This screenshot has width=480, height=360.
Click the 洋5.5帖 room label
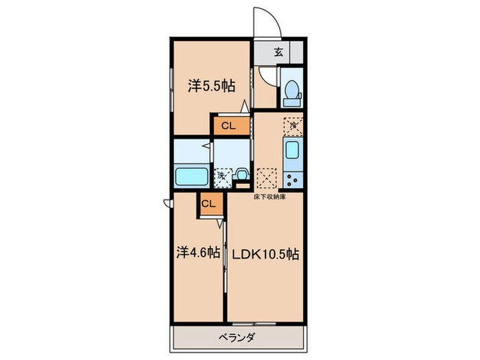(x=213, y=86)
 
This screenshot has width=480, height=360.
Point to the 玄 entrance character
(x=279, y=52)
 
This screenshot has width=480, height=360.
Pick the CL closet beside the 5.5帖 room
(x=228, y=125)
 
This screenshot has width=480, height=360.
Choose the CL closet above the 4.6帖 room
(x=209, y=203)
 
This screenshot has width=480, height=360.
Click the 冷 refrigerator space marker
(x=293, y=125)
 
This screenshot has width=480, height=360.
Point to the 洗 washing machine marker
(x=222, y=176)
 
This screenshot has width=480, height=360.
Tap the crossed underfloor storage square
(x=265, y=176)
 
